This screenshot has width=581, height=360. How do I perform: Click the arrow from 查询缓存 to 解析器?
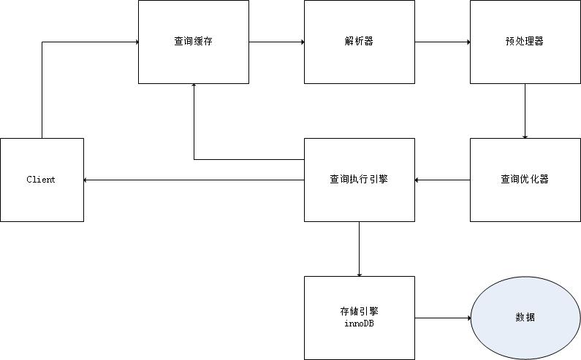[x=276, y=42]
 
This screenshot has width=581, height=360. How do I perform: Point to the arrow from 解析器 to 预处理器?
[x=442, y=42]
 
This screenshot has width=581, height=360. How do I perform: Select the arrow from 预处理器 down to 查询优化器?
[x=525, y=110]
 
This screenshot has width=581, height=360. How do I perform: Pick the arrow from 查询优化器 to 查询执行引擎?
[x=442, y=180]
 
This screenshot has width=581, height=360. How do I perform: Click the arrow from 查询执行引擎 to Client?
[x=194, y=180]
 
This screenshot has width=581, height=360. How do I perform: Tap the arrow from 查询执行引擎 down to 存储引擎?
[x=359, y=248]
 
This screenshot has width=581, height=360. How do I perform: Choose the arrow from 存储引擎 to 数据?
[x=442, y=318]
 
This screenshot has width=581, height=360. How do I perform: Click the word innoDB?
[x=359, y=323]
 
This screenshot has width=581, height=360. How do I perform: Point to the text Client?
[x=41, y=180]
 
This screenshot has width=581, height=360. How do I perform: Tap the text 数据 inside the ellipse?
[x=525, y=318]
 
